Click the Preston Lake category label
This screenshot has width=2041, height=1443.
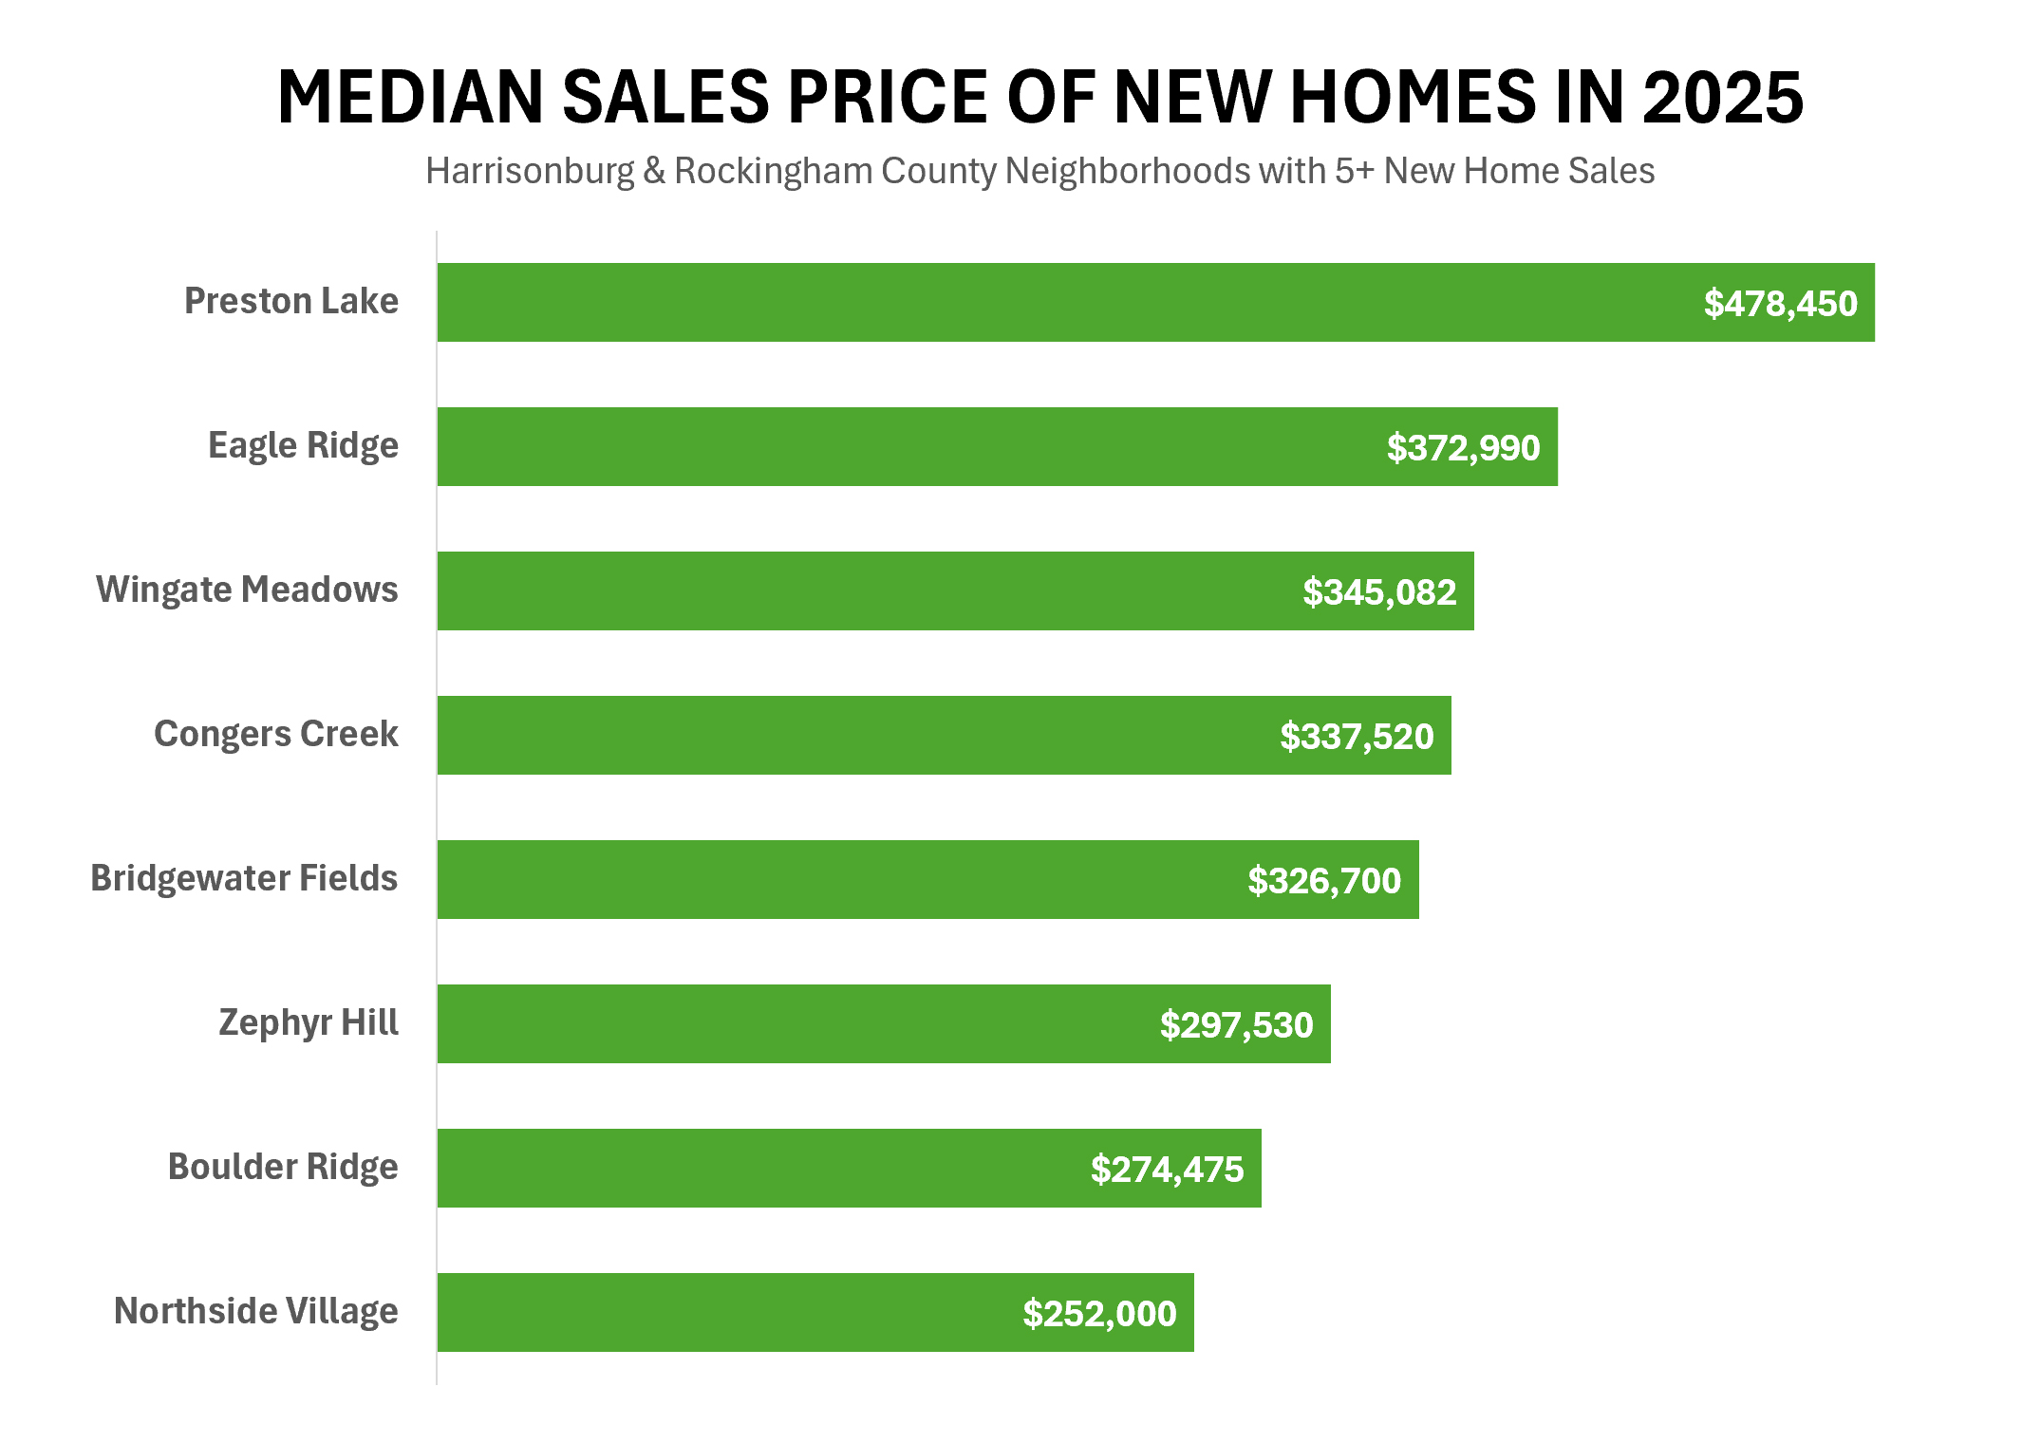click(290, 301)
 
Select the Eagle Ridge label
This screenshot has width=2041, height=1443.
click(303, 445)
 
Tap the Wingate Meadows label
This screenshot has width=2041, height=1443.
click(247, 590)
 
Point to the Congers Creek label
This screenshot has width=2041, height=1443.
click(275, 734)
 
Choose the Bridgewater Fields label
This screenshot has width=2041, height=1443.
click(244, 878)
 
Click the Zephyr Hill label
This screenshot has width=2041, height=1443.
click(308, 1022)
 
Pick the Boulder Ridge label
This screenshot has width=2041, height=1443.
click(283, 1167)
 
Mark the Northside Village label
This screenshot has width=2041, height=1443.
click(255, 1311)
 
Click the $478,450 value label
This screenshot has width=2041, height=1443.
click(1780, 304)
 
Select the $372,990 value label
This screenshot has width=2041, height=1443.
click(1463, 448)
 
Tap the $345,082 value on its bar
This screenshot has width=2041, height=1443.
click(1379, 592)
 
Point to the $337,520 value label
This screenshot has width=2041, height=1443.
click(1357, 737)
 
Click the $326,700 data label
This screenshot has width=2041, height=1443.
click(1324, 881)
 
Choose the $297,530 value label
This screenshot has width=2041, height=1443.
click(1236, 1025)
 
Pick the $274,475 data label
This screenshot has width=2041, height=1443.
click(1167, 1170)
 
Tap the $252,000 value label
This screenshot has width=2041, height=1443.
click(1099, 1314)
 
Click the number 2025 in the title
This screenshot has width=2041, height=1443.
click(1722, 98)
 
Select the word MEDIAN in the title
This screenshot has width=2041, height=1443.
click(410, 98)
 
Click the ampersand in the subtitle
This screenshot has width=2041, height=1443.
click(654, 172)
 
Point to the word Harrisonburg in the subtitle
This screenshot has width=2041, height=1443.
click(529, 172)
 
